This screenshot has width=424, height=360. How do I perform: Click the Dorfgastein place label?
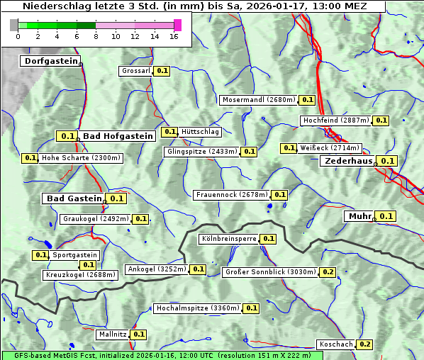50,62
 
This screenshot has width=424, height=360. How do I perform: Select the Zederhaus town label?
348,162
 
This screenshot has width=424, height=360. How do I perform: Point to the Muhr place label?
359,216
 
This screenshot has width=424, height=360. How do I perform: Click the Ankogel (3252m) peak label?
157,269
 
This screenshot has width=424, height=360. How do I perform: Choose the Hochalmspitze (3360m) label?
198,308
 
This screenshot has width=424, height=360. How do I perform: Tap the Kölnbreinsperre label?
228,239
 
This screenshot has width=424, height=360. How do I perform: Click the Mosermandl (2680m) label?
258,100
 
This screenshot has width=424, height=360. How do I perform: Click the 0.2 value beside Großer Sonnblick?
328,272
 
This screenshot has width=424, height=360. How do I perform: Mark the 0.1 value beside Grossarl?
162,71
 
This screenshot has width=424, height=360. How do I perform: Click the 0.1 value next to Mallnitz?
139,334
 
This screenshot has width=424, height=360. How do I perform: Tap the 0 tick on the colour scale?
18,36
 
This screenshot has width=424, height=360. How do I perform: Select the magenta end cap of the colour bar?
177,25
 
